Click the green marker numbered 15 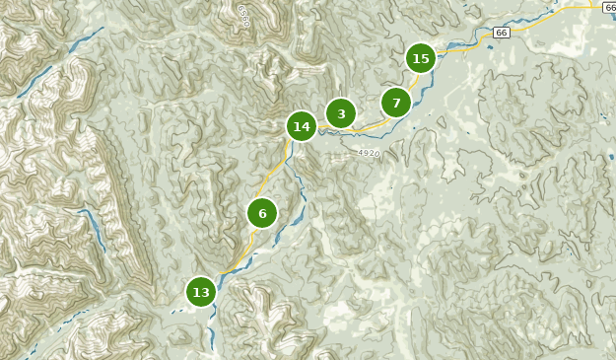[421, 58]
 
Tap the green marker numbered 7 [396, 103]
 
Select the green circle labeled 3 [341, 113]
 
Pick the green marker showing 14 [302, 126]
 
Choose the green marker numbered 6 [262, 213]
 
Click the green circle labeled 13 [201, 292]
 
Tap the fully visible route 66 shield [502, 33]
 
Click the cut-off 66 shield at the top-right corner [610, 6]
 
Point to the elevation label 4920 [369, 154]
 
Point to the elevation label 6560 [242, 15]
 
